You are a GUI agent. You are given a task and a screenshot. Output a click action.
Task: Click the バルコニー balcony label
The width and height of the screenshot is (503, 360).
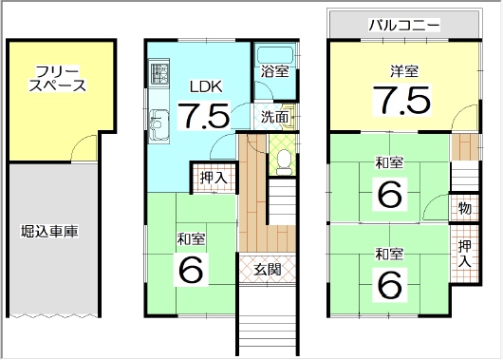[404, 26]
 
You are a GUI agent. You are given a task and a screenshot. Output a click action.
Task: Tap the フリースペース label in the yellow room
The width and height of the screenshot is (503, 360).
[58, 78]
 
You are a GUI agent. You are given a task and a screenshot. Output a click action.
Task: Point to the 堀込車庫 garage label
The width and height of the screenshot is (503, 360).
[49, 231]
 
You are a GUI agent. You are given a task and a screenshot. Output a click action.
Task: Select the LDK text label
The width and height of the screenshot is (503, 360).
[206, 86]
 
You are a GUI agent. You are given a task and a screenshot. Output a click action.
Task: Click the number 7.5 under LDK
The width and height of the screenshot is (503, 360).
[203, 115]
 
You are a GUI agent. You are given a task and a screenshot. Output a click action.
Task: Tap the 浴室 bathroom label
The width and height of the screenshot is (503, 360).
[274, 71]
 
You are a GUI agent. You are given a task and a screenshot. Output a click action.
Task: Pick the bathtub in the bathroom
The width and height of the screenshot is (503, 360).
[275, 54]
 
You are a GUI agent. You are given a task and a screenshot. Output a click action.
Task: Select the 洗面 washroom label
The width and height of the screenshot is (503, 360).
[274, 117]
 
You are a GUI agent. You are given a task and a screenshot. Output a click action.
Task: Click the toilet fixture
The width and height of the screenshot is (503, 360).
[284, 162]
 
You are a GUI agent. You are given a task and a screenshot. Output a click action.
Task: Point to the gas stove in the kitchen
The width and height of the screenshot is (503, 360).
[159, 73]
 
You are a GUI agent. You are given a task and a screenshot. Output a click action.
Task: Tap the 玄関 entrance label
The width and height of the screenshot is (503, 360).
[268, 269]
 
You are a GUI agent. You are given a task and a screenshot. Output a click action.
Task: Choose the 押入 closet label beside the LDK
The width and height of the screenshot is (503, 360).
[214, 178]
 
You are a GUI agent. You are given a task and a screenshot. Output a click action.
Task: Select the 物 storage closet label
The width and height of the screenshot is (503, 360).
[464, 208]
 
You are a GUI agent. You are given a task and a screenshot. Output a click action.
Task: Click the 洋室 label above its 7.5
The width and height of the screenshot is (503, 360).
[404, 71]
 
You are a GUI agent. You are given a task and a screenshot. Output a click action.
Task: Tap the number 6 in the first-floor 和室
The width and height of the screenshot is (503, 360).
[191, 270]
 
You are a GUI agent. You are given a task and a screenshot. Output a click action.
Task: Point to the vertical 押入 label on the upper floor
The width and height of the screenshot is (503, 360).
[464, 254]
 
